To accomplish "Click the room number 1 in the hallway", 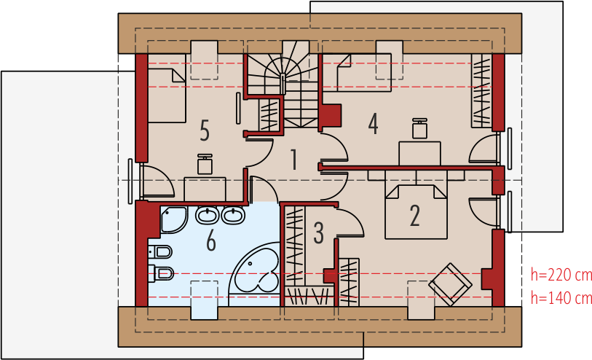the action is click(x=293, y=159).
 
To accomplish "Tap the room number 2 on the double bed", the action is click(x=414, y=216).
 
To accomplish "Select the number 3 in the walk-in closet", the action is click(x=319, y=232).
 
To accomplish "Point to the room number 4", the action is click(x=373, y=124).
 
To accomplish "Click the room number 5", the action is click(x=205, y=130).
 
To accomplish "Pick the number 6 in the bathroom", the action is click(x=211, y=240).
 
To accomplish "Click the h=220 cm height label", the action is click(x=561, y=275).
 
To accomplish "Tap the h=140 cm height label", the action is click(x=561, y=298).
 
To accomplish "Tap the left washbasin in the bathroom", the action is click(x=208, y=215).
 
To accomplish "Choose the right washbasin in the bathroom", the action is click(x=233, y=215).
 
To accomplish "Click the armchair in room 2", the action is click(x=450, y=284).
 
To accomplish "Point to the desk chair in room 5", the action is click(x=205, y=164).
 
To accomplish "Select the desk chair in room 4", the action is click(x=419, y=128).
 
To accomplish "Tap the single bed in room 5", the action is click(x=167, y=95).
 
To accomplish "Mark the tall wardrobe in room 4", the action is click(x=482, y=90).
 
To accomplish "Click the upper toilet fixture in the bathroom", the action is click(x=160, y=251).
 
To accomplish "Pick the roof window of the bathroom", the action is click(x=204, y=300).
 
